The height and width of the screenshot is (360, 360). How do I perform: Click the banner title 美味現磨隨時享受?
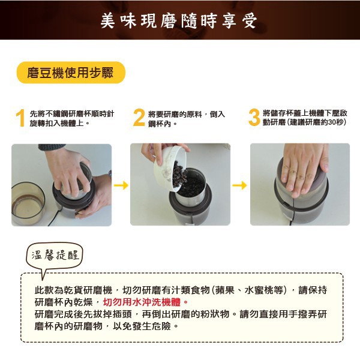point(179,21)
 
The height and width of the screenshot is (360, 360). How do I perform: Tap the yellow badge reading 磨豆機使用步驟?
point(71,73)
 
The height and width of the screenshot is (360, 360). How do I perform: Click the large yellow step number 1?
point(20,118)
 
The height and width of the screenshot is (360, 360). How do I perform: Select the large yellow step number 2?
point(139,118)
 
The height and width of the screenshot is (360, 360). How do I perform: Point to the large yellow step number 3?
point(254,118)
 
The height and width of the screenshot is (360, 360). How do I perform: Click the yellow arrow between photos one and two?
point(121,185)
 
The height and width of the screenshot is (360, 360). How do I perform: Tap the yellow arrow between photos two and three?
point(239,185)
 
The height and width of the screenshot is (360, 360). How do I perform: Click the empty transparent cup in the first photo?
point(28,203)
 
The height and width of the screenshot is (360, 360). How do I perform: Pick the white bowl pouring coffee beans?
point(170,167)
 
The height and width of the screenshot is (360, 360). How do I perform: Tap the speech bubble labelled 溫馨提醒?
point(55,256)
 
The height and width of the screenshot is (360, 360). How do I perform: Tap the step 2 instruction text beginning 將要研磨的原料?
point(186,119)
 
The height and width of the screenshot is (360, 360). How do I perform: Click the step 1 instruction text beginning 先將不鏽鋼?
point(72,118)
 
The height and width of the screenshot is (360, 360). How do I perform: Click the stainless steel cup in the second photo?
point(190,184)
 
